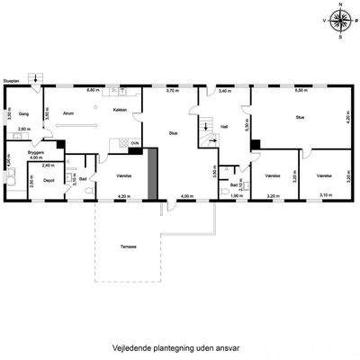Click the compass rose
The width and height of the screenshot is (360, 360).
pyautogui.click(x=339, y=21)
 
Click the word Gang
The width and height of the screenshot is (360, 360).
pyautogui.click(x=25, y=114)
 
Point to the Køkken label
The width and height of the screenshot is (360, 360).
pyautogui.click(x=120, y=110)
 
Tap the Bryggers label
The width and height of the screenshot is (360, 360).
pyautogui.click(x=35, y=152)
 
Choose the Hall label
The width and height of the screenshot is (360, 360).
pyautogui.click(x=224, y=127)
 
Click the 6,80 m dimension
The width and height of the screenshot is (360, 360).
pyautogui.click(x=92, y=91)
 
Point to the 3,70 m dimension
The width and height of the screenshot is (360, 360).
pyautogui.click(x=172, y=91)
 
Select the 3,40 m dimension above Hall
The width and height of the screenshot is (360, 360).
pyautogui.click(x=224, y=91)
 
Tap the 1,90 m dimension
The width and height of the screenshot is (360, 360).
pyautogui.click(x=236, y=196)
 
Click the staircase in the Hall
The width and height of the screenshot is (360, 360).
pyautogui.click(x=205, y=129)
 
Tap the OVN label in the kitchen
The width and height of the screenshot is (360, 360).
pyautogui.click(x=134, y=143)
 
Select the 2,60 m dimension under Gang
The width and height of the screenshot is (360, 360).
pyautogui.click(x=24, y=130)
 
